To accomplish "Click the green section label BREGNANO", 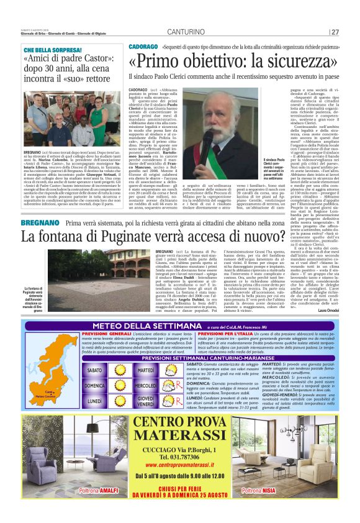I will click(41, 223).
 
